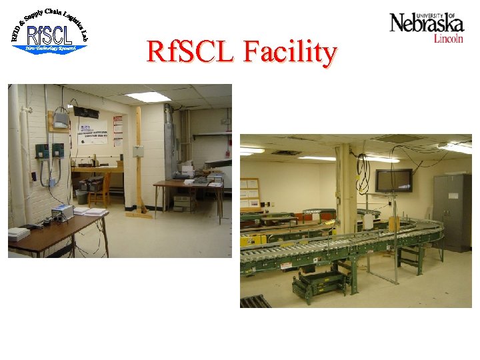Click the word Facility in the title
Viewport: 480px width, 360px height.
click(x=291, y=52)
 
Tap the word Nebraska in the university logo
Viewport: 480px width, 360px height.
click(x=427, y=24)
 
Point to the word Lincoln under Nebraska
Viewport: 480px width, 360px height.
click(x=448, y=39)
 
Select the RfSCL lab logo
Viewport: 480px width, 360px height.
click(x=49, y=31)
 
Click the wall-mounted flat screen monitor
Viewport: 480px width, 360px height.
click(x=393, y=179)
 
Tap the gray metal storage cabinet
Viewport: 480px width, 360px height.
click(x=451, y=212)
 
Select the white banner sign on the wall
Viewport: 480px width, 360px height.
click(x=93, y=131)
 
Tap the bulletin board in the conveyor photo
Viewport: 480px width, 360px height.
click(x=249, y=193)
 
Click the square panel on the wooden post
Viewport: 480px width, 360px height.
click(x=139, y=151)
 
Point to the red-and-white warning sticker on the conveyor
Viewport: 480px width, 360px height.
click(x=286, y=265)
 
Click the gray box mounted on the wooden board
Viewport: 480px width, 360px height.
click(x=61, y=120)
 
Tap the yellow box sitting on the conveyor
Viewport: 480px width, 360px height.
click(x=394, y=224)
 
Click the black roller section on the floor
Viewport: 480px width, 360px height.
click(x=255, y=301)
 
